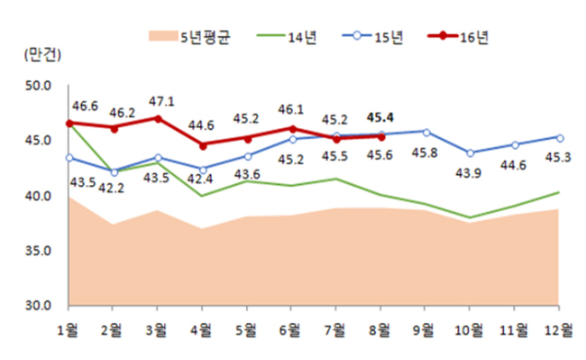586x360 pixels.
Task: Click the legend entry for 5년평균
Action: (189, 37)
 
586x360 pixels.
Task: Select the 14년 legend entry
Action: (287, 37)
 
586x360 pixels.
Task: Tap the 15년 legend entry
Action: (372, 37)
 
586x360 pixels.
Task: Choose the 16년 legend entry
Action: (458, 37)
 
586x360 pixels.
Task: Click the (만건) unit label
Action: (42, 55)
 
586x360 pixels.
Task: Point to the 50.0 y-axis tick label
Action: (38, 86)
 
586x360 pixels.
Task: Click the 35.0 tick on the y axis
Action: (38, 251)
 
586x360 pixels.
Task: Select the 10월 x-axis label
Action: (469, 330)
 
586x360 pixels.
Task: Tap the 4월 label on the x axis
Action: (202, 330)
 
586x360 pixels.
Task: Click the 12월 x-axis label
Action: (558, 330)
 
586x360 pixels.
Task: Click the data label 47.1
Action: (161, 102)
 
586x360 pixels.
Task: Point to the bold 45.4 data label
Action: (380, 118)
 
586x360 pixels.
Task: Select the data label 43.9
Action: (468, 173)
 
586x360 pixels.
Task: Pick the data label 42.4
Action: (200, 179)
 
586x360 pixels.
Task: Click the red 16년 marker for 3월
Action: (158, 119)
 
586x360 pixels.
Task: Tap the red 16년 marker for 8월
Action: (381, 137)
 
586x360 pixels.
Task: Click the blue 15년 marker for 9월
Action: (426, 133)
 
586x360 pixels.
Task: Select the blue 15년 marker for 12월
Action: (560, 138)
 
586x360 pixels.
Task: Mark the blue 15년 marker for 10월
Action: (470, 152)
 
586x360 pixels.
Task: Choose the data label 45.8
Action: (425, 152)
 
